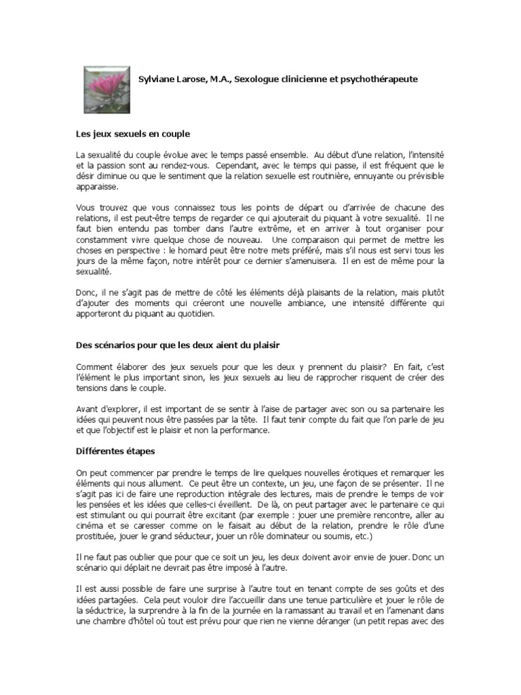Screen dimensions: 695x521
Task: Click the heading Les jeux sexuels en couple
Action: click(132, 134)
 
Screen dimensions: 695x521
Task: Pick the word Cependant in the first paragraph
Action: click(240, 165)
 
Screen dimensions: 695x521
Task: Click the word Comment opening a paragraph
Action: click(94, 367)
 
